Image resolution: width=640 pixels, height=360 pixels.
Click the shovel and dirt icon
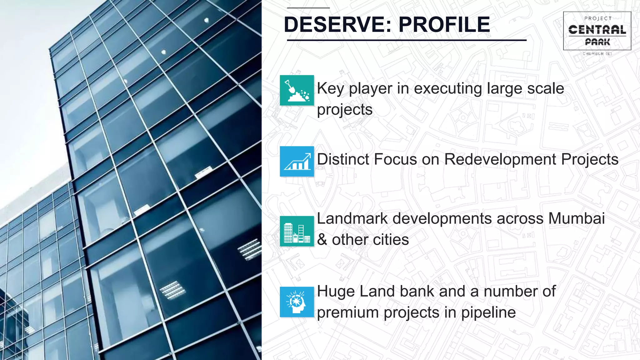[297, 90]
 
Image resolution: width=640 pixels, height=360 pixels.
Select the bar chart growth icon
[297, 161]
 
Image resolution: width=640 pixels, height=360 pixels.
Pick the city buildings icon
[297, 231]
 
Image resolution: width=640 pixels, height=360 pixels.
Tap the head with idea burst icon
[297, 302]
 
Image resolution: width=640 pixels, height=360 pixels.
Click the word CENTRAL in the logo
[597, 30]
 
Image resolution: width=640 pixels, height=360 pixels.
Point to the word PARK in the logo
[597, 42]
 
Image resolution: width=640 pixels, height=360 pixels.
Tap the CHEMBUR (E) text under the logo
[597, 54]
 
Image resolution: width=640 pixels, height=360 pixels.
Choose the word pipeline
[488, 312]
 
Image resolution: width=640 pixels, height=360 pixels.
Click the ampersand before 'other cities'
[322, 240]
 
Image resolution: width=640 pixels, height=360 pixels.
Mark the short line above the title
[308, 8]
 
